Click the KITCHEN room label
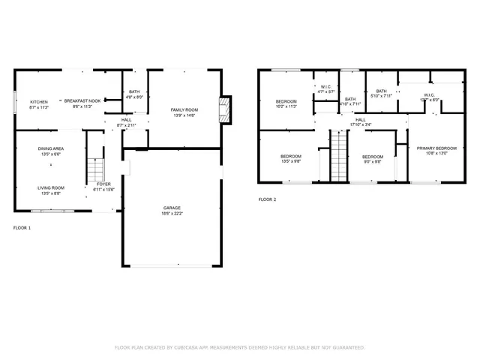point(38,101)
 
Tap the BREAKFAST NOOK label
point(82,101)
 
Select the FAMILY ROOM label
point(183,110)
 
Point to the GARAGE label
point(172,208)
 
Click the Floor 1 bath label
point(134,91)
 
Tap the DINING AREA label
point(51,148)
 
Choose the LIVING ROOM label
point(51,187)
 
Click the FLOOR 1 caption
point(22,226)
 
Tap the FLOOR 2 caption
point(267,199)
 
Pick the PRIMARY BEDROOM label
point(436,148)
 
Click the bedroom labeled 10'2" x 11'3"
point(286,101)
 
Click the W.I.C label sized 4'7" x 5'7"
point(326,87)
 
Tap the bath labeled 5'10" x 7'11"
point(382,91)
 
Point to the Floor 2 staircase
point(340,154)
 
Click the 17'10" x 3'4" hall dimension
point(361,125)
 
